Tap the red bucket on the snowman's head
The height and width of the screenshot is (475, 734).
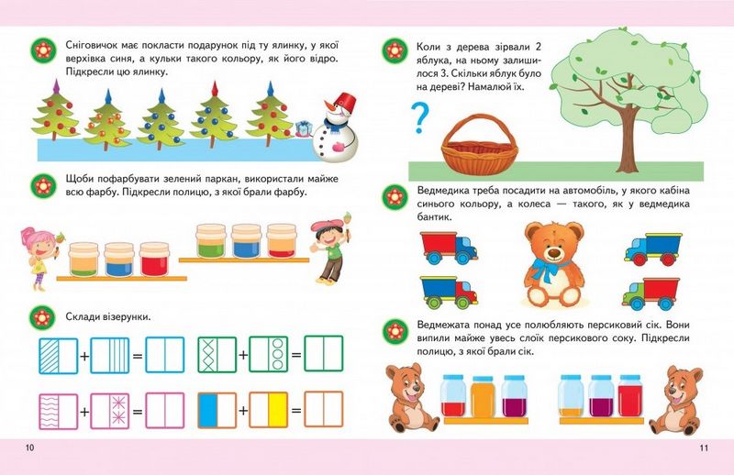[347, 100]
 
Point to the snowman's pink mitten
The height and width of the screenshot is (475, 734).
[339, 147]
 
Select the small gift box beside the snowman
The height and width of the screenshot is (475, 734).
[304, 128]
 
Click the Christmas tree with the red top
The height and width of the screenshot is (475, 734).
[214, 115]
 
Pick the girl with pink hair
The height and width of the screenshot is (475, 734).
[39, 258]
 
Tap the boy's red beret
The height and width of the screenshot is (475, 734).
[324, 226]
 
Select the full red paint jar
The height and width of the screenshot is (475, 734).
[154, 260]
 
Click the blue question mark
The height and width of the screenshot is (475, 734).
[419, 118]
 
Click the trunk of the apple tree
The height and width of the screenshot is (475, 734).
[626, 140]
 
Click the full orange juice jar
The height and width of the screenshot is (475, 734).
[483, 396]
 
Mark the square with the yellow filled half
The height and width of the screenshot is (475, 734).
[268, 410]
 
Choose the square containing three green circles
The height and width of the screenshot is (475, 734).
[268, 354]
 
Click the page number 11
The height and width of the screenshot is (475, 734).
[704, 447]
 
